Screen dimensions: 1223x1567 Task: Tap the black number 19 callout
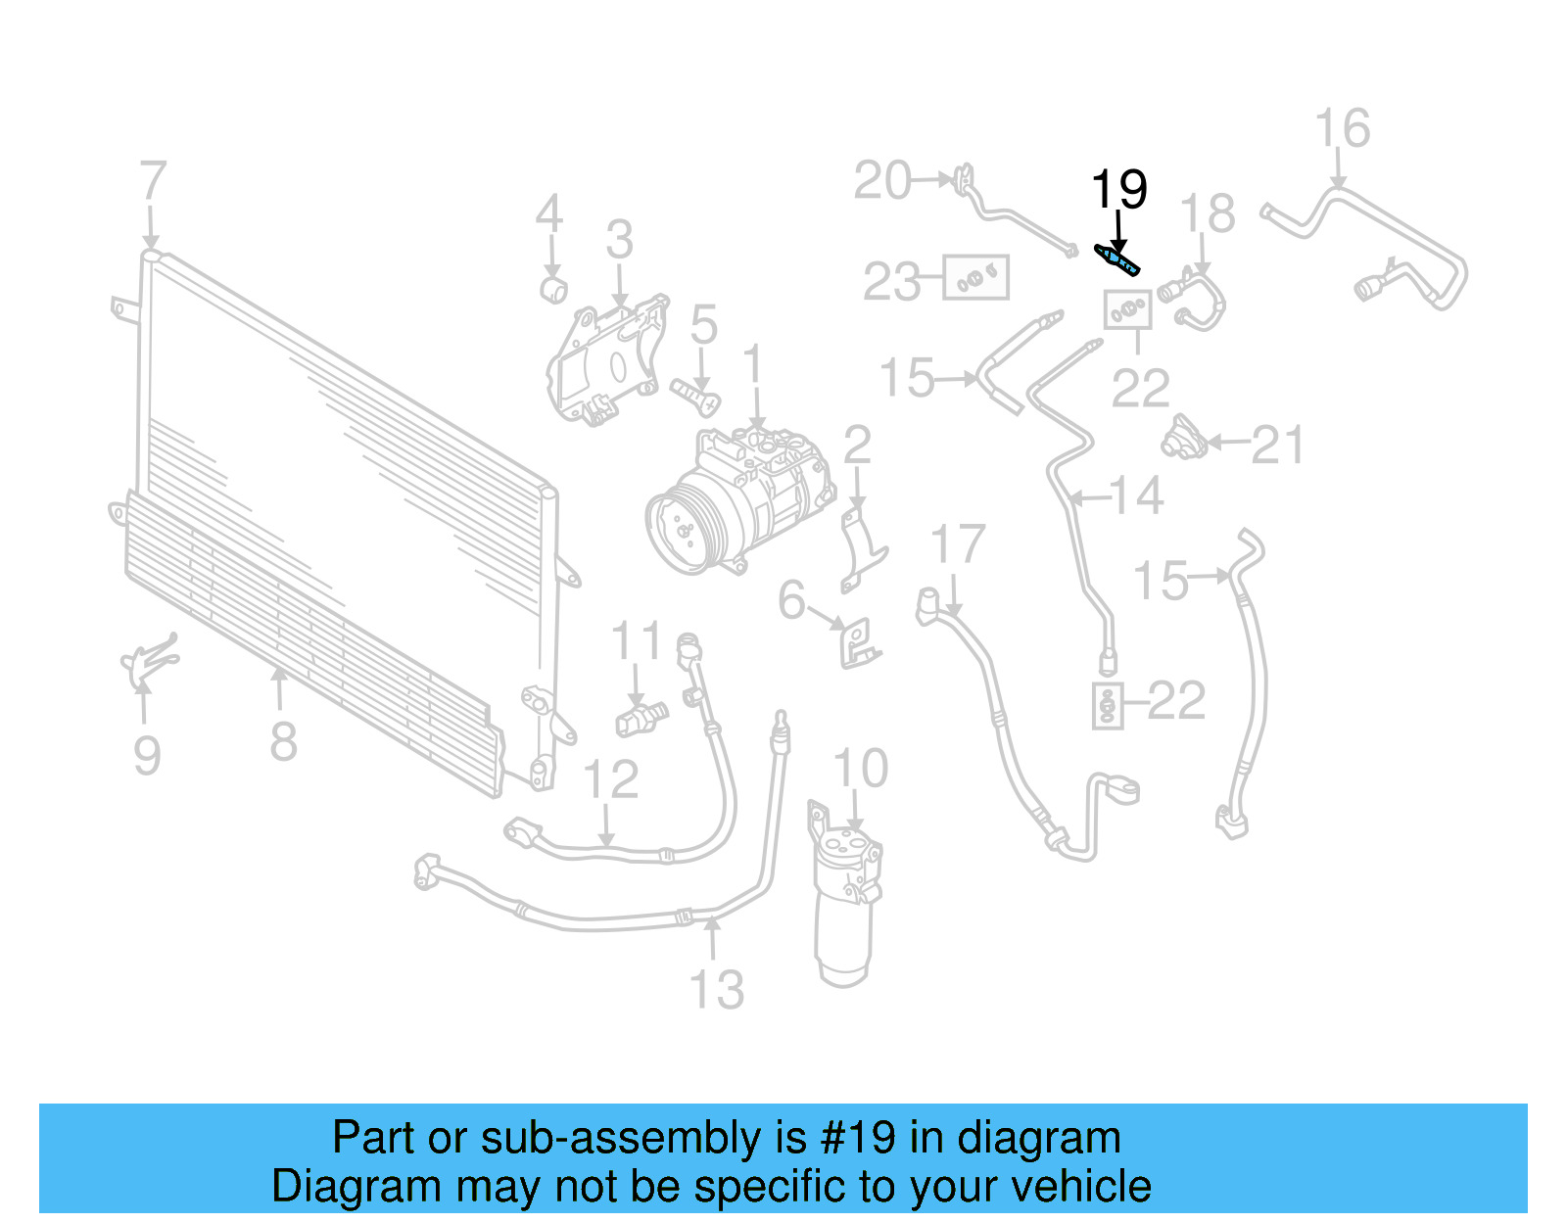coord(1118,189)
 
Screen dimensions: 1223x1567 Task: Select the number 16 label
coord(1341,129)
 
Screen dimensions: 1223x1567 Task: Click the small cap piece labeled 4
coord(554,290)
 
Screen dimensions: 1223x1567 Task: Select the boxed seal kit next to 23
coord(975,278)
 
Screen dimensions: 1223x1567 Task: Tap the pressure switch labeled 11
coord(641,718)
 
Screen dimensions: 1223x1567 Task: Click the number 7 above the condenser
coord(152,182)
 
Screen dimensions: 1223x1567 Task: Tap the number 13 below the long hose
coord(717,990)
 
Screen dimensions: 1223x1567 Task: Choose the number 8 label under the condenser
coord(282,741)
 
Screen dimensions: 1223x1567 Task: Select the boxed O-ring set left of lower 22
coord(1106,705)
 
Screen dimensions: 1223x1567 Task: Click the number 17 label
coord(957,544)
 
